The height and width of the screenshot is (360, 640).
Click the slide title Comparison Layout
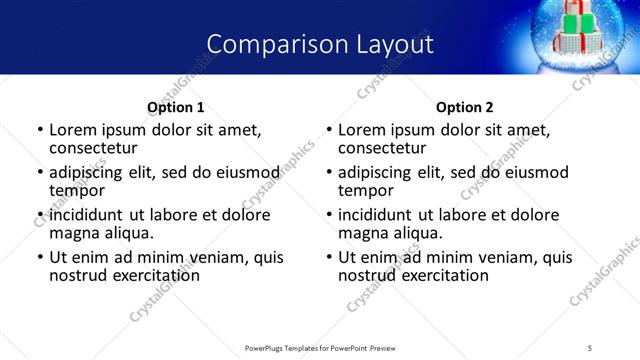320,45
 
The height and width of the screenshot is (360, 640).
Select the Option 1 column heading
175,107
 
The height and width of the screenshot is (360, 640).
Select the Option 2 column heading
464,107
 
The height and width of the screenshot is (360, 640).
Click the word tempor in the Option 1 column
77,190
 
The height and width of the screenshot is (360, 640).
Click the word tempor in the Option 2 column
366,190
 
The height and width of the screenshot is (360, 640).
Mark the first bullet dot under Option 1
40,130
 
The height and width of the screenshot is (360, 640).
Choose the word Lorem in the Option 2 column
361,130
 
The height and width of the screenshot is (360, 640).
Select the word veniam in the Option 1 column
196,257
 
